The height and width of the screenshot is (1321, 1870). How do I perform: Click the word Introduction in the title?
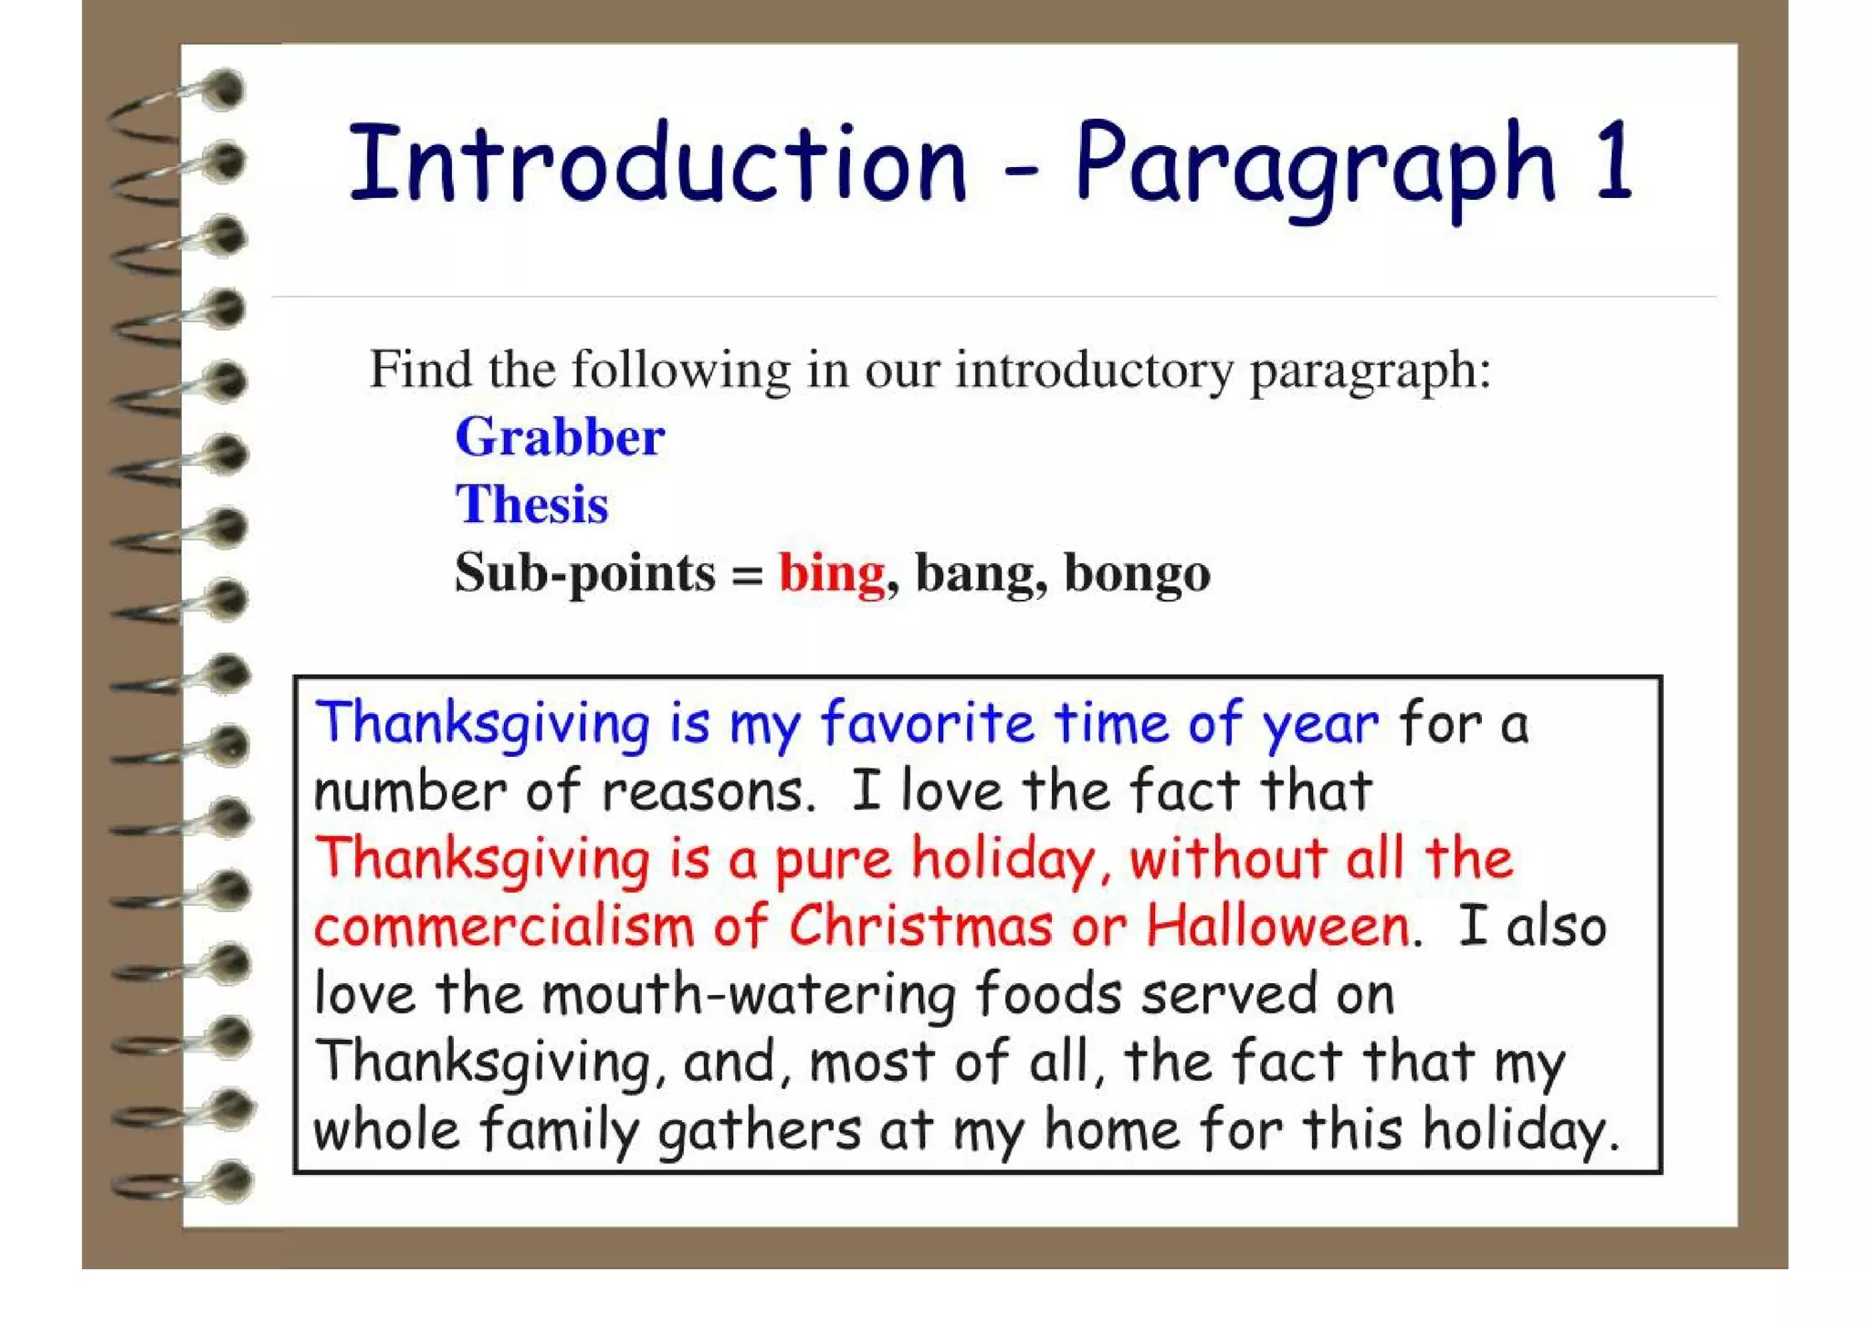tap(657, 164)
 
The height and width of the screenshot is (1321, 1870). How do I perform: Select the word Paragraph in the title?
tap(1315, 169)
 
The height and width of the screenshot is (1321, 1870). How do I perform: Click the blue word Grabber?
tap(560, 437)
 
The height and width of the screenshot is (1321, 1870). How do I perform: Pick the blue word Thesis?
tap(531, 505)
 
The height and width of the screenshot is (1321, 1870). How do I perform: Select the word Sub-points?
tap(585, 573)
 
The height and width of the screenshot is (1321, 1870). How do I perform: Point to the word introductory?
tap(1093, 372)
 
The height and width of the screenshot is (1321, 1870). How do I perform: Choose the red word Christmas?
tap(920, 926)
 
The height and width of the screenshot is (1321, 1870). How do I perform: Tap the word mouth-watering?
tap(747, 993)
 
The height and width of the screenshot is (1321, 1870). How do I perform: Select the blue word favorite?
tap(927, 723)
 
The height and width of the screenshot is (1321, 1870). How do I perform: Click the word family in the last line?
tap(558, 1130)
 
